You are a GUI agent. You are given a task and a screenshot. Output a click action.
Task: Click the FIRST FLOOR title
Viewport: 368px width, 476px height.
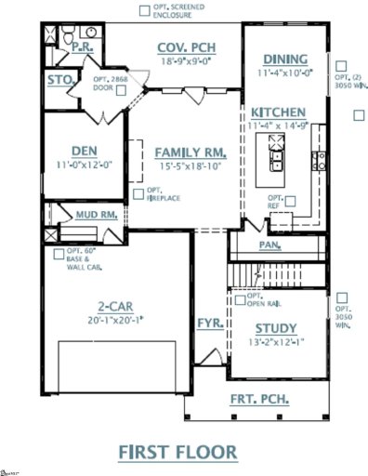click(177, 451)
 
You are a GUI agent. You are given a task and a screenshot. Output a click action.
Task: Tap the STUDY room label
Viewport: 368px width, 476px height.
click(275, 328)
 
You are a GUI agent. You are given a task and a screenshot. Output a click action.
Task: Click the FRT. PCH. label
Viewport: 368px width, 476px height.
click(259, 400)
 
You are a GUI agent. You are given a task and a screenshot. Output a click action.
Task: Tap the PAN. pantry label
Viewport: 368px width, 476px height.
click(269, 245)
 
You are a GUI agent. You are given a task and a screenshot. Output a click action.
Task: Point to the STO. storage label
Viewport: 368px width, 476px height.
click(60, 81)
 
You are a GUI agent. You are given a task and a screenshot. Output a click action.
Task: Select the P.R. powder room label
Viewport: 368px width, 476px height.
click(79, 44)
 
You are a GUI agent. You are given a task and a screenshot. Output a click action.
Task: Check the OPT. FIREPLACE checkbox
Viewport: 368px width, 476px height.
click(138, 193)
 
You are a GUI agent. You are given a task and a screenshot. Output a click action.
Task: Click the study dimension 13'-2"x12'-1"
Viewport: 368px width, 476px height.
click(276, 341)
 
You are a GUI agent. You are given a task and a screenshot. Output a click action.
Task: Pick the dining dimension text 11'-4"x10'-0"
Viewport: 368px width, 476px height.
click(285, 71)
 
